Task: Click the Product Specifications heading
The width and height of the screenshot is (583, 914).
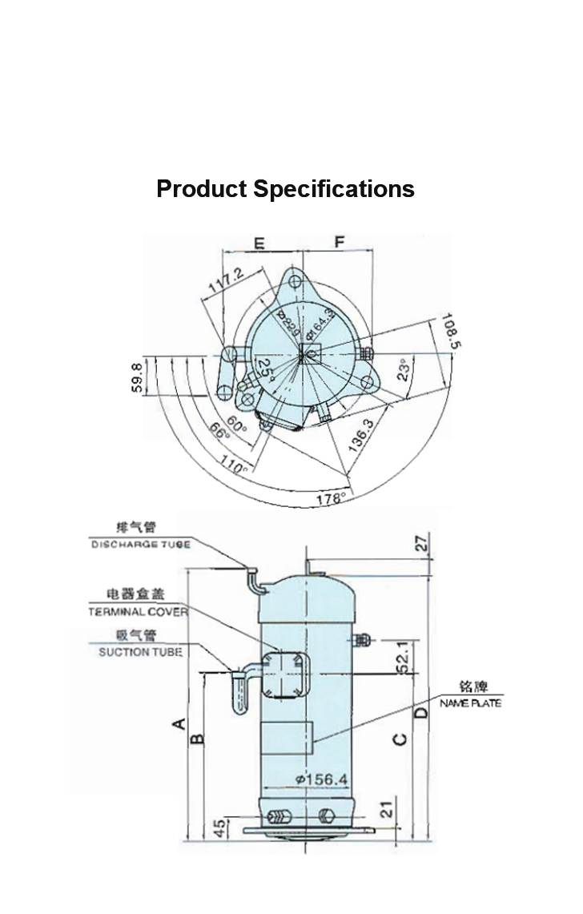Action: (285, 189)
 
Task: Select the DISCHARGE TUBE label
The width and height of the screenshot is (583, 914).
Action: (140, 545)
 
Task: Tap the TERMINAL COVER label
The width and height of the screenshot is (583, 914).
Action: (137, 611)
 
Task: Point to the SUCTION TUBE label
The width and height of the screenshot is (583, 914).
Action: (140, 652)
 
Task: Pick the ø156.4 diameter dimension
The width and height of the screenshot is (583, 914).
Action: (320, 779)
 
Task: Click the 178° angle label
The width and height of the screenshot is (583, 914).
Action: (330, 498)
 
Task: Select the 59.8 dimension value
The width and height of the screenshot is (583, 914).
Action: (137, 378)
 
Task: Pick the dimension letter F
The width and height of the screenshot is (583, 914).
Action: (339, 242)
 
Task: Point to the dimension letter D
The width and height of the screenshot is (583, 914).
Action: (420, 712)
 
